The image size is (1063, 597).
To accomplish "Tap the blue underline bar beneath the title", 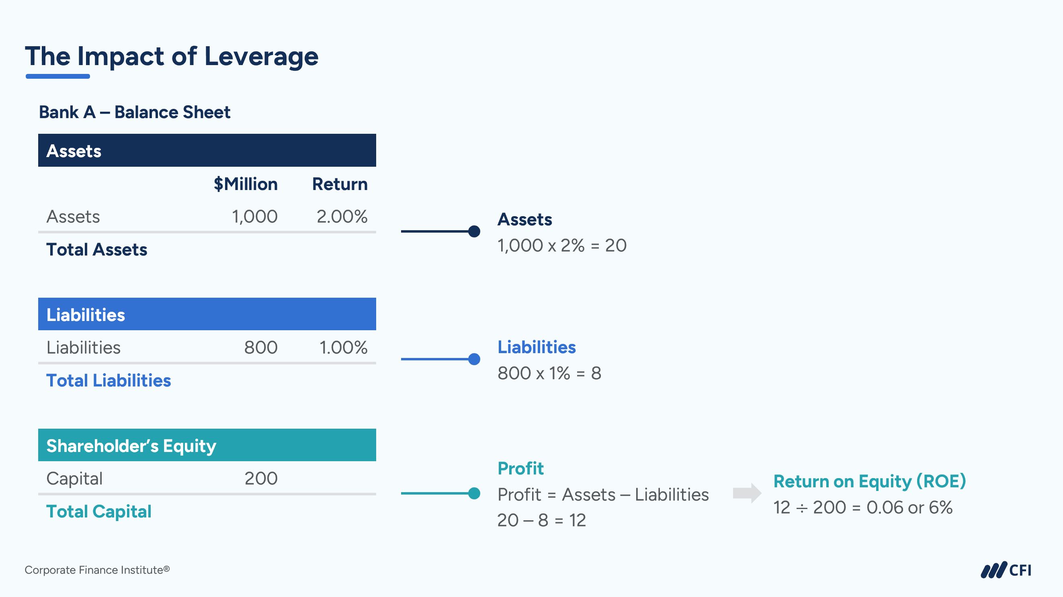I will [x=58, y=76].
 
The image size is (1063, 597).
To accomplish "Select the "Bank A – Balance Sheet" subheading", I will [x=135, y=112].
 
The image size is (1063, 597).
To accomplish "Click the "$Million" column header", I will [x=246, y=184].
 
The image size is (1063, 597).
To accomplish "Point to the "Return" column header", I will [x=340, y=184].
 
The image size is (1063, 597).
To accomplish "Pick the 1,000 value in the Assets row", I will [x=255, y=217].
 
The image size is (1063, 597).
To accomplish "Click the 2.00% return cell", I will [x=342, y=217].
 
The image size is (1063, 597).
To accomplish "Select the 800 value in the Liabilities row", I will [x=260, y=348].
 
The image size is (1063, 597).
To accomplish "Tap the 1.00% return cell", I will [x=343, y=348].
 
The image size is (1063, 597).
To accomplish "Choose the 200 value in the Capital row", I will [x=261, y=478].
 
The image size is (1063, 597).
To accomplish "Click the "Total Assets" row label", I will [x=96, y=249].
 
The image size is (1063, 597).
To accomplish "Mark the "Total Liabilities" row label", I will [x=109, y=380].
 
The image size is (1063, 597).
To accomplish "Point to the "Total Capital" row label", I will [x=98, y=511].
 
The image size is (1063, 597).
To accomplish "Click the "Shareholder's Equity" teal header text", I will [x=131, y=446].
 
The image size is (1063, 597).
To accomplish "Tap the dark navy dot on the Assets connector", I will [x=474, y=231].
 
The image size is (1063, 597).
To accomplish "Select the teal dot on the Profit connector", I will [x=474, y=493].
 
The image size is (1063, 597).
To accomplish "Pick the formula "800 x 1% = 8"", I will [x=549, y=373].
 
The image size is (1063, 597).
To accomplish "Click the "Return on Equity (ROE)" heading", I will [x=869, y=481].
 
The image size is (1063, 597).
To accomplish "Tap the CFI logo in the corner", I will [x=1006, y=570].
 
